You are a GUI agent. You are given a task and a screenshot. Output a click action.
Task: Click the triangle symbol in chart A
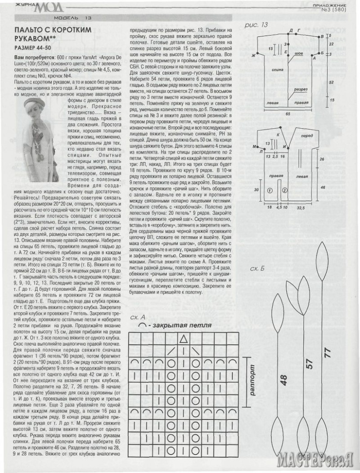(184, 339)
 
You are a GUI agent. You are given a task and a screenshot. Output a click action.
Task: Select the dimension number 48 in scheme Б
(283, 381)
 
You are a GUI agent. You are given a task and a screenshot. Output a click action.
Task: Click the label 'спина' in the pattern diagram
(278, 71)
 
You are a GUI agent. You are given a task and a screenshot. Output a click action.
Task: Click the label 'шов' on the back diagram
(298, 53)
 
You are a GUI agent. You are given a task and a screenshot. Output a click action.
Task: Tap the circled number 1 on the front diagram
(270, 190)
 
